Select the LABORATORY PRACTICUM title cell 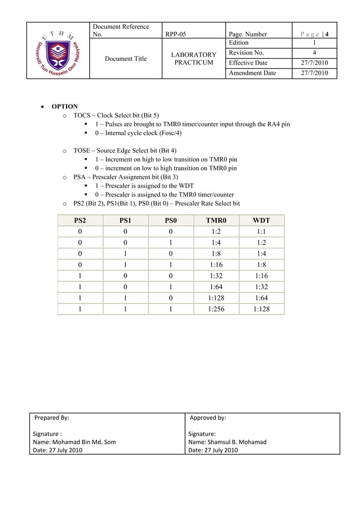pos(194,59)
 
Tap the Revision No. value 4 pos(314,53)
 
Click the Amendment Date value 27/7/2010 pos(314,73)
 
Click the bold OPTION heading pos(65,107)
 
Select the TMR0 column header pos(216,220)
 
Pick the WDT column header pos(261,220)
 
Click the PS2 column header pos(80,220)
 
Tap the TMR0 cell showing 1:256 pos(216,308)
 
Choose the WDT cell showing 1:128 pos(261,308)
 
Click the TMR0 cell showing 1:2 pos(216,232)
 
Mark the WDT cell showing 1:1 pos(261,232)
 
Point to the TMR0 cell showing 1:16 pos(216,264)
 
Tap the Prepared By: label pos(52,418)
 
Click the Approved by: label pos(208,418)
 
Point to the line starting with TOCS pos(116,115)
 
